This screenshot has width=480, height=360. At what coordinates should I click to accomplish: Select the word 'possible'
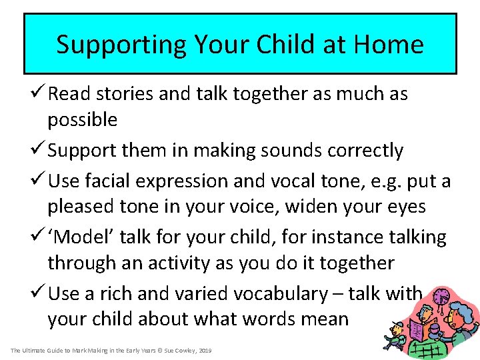point(82,121)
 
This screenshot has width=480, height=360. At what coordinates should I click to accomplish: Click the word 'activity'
point(175,263)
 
